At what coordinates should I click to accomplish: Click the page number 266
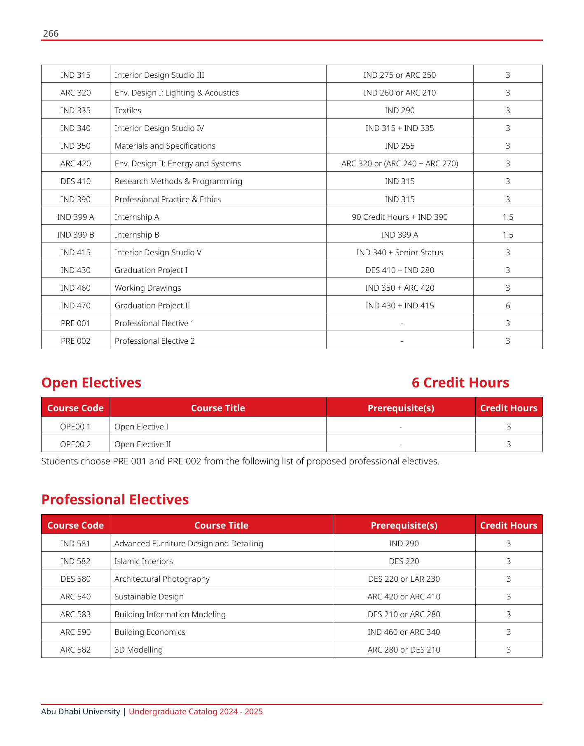[x=51, y=33]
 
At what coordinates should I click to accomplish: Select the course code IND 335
[x=75, y=110]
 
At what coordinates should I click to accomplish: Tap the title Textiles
[x=128, y=110]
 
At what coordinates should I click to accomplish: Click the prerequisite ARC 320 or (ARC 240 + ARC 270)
[x=399, y=163]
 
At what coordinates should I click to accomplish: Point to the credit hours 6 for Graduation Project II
[x=508, y=305]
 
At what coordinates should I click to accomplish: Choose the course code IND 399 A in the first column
[x=75, y=217]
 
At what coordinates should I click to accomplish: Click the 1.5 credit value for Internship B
[x=508, y=235]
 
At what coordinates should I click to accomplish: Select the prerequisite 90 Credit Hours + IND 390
[x=399, y=217]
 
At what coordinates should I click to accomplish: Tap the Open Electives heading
[x=91, y=382]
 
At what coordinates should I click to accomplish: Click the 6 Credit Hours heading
[x=460, y=382]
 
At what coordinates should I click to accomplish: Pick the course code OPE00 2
[x=75, y=444]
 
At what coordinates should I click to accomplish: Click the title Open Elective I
[x=141, y=427]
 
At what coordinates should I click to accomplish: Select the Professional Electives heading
[x=115, y=499]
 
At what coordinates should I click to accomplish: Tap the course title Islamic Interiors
[x=143, y=561]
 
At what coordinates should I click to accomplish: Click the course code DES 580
[x=75, y=579]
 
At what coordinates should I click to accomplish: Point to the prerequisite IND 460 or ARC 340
[x=404, y=632]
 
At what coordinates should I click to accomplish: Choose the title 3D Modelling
[x=138, y=650]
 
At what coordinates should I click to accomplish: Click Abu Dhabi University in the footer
[x=80, y=711]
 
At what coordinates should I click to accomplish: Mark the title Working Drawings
[x=147, y=288]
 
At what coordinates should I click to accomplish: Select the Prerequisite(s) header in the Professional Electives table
[x=404, y=525]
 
